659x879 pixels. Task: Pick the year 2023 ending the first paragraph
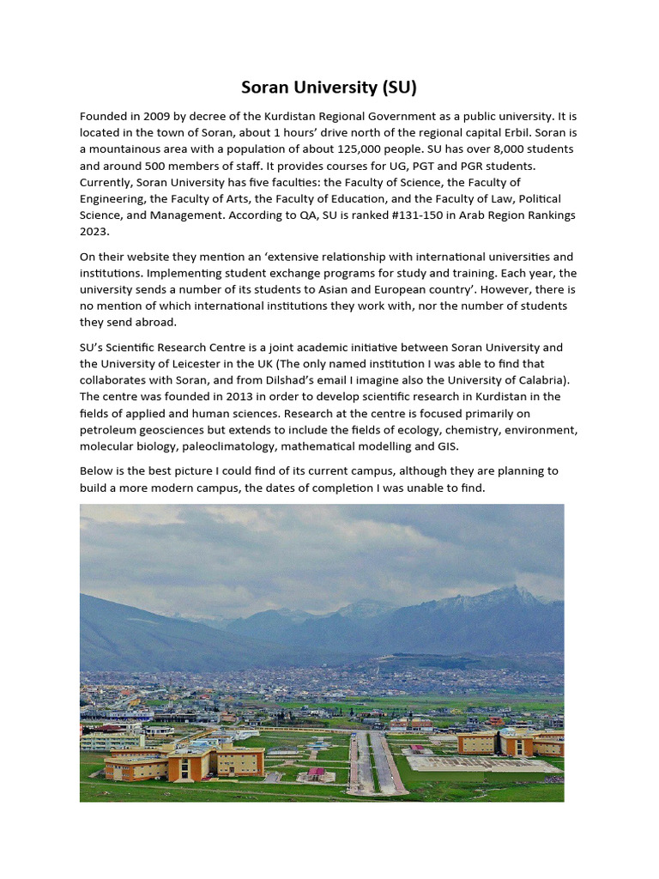95,231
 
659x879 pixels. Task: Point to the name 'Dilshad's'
299,380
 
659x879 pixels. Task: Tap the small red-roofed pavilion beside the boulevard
316,773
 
